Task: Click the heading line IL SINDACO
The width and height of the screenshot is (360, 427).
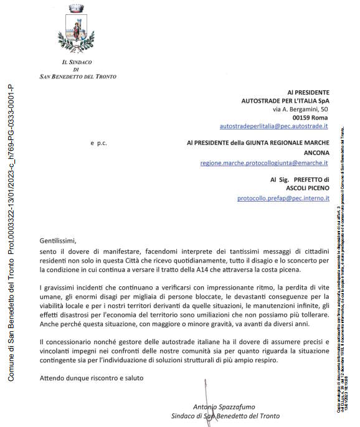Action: pyautogui.click(x=77, y=62)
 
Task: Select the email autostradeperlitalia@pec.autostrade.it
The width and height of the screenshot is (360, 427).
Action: pyautogui.click(x=274, y=126)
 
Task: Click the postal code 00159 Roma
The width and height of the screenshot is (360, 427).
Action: pyautogui.click(x=310, y=117)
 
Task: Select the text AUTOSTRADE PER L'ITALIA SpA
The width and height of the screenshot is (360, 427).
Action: pyautogui.click(x=285, y=100)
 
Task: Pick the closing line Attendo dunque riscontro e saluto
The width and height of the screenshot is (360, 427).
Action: pyautogui.click(x=91, y=378)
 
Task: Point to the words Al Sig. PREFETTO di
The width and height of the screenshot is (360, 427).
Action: pyautogui.click(x=299, y=179)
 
